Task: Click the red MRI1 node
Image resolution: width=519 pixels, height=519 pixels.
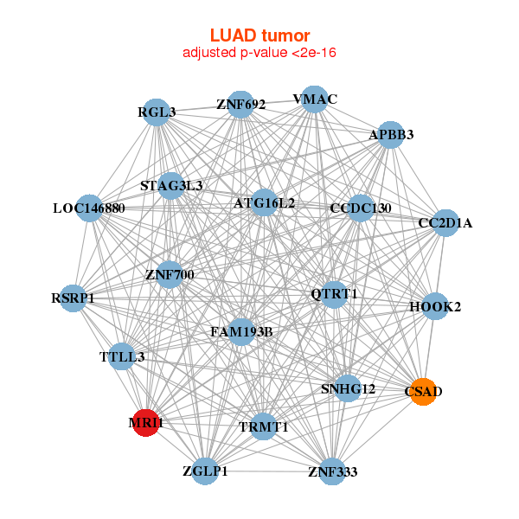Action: click(145, 423)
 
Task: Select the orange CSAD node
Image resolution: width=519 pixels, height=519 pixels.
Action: click(422, 392)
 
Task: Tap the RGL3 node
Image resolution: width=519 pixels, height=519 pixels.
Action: click(157, 112)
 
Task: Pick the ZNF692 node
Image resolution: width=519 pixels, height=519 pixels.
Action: click(240, 105)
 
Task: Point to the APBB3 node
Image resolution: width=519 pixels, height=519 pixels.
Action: click(390, 134)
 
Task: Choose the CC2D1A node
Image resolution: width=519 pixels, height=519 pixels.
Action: click(445, 223)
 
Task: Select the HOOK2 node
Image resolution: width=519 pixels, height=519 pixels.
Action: click(434, 307)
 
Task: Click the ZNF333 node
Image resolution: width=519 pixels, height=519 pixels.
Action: click(332, 471)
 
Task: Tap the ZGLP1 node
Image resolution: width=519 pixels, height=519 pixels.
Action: click(206, 471)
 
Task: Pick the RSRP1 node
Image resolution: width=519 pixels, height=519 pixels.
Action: click(74, 298)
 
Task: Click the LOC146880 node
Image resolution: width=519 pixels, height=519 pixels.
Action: click(90, 208)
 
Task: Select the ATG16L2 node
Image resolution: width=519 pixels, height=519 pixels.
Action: click(264, 203)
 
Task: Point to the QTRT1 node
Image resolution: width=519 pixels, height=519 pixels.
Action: click(334, 294)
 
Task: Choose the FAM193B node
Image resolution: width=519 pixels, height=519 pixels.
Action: click(241, 331)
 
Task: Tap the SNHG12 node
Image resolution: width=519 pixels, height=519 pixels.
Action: click(348, 389)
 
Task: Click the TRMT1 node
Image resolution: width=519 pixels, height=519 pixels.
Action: click(263, 426)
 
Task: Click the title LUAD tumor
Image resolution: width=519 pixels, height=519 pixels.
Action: click(259, 35)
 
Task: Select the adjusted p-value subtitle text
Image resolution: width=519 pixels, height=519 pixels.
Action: click(259, 53)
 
